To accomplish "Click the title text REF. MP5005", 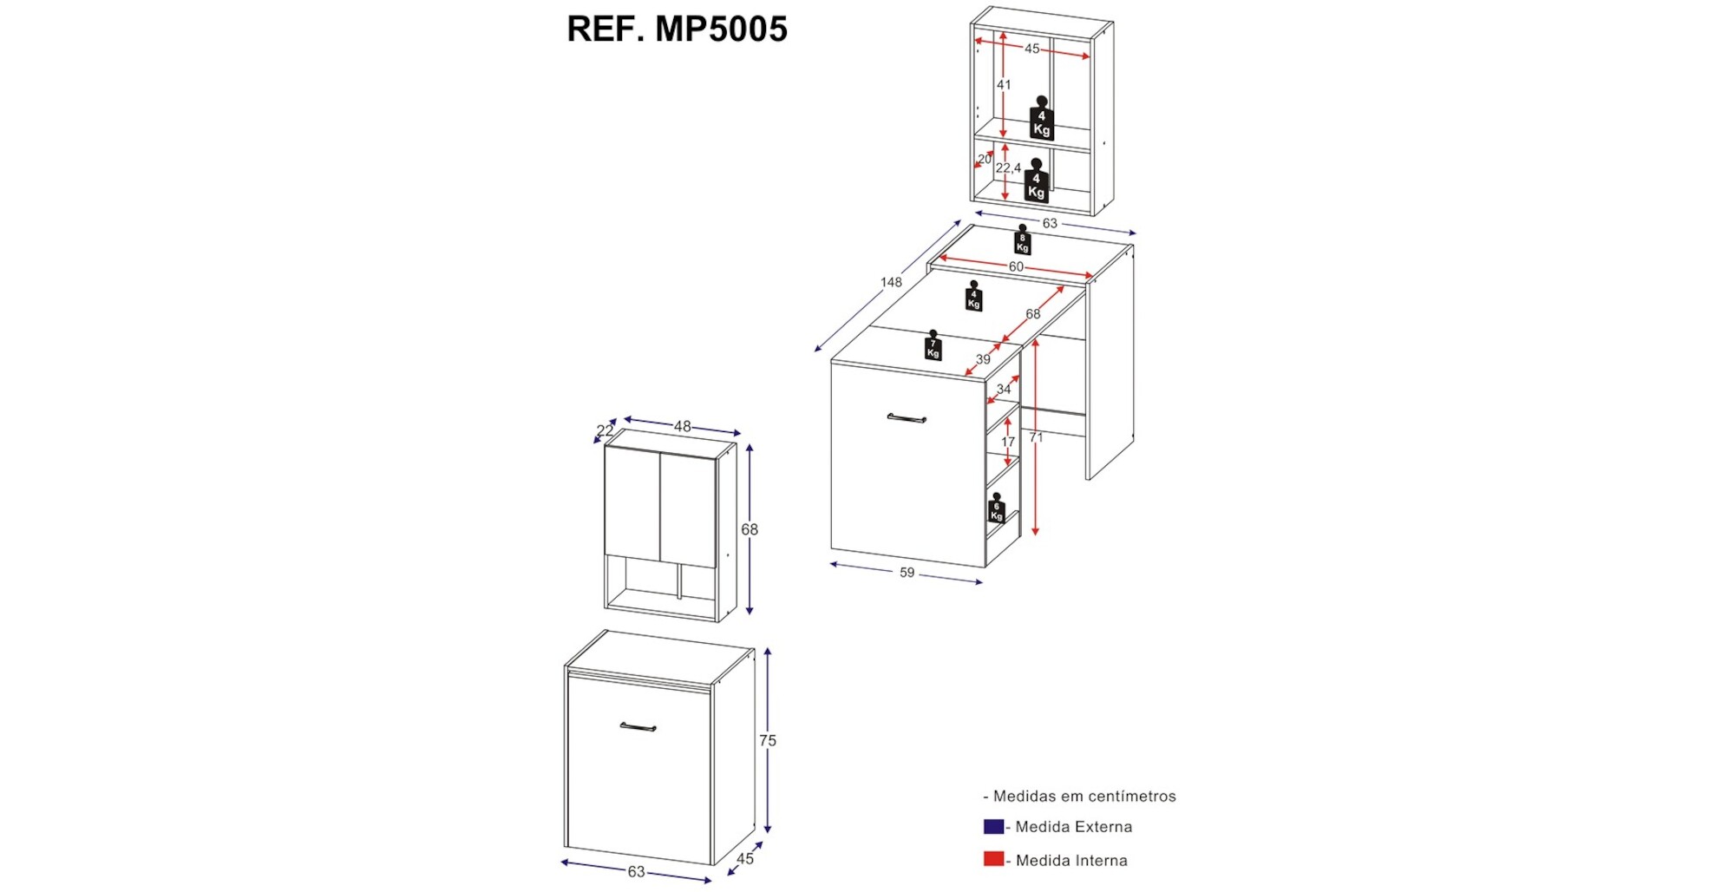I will [677, 29].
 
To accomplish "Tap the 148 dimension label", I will [891, 282].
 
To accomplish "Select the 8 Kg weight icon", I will [1022, 240].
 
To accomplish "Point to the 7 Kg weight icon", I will [933, 346].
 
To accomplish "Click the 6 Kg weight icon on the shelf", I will [996, 509].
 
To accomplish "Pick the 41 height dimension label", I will [1004, 85].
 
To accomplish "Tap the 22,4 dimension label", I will [1008, 167].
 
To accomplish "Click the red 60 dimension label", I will [1016, 266].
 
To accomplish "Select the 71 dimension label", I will [1036, 437].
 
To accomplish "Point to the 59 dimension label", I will [907, 573].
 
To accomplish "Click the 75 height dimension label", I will [768, 740].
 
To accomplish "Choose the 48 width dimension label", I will [683, 426].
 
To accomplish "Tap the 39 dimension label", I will [983, 359].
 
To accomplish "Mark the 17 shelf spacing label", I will [1007, 442].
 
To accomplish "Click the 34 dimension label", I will [1004, 389].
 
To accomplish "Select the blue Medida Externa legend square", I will [993, 827].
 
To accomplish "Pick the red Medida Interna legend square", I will [993, 859].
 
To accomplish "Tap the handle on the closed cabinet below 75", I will [638, 727].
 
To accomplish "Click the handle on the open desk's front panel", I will [907, 419].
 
